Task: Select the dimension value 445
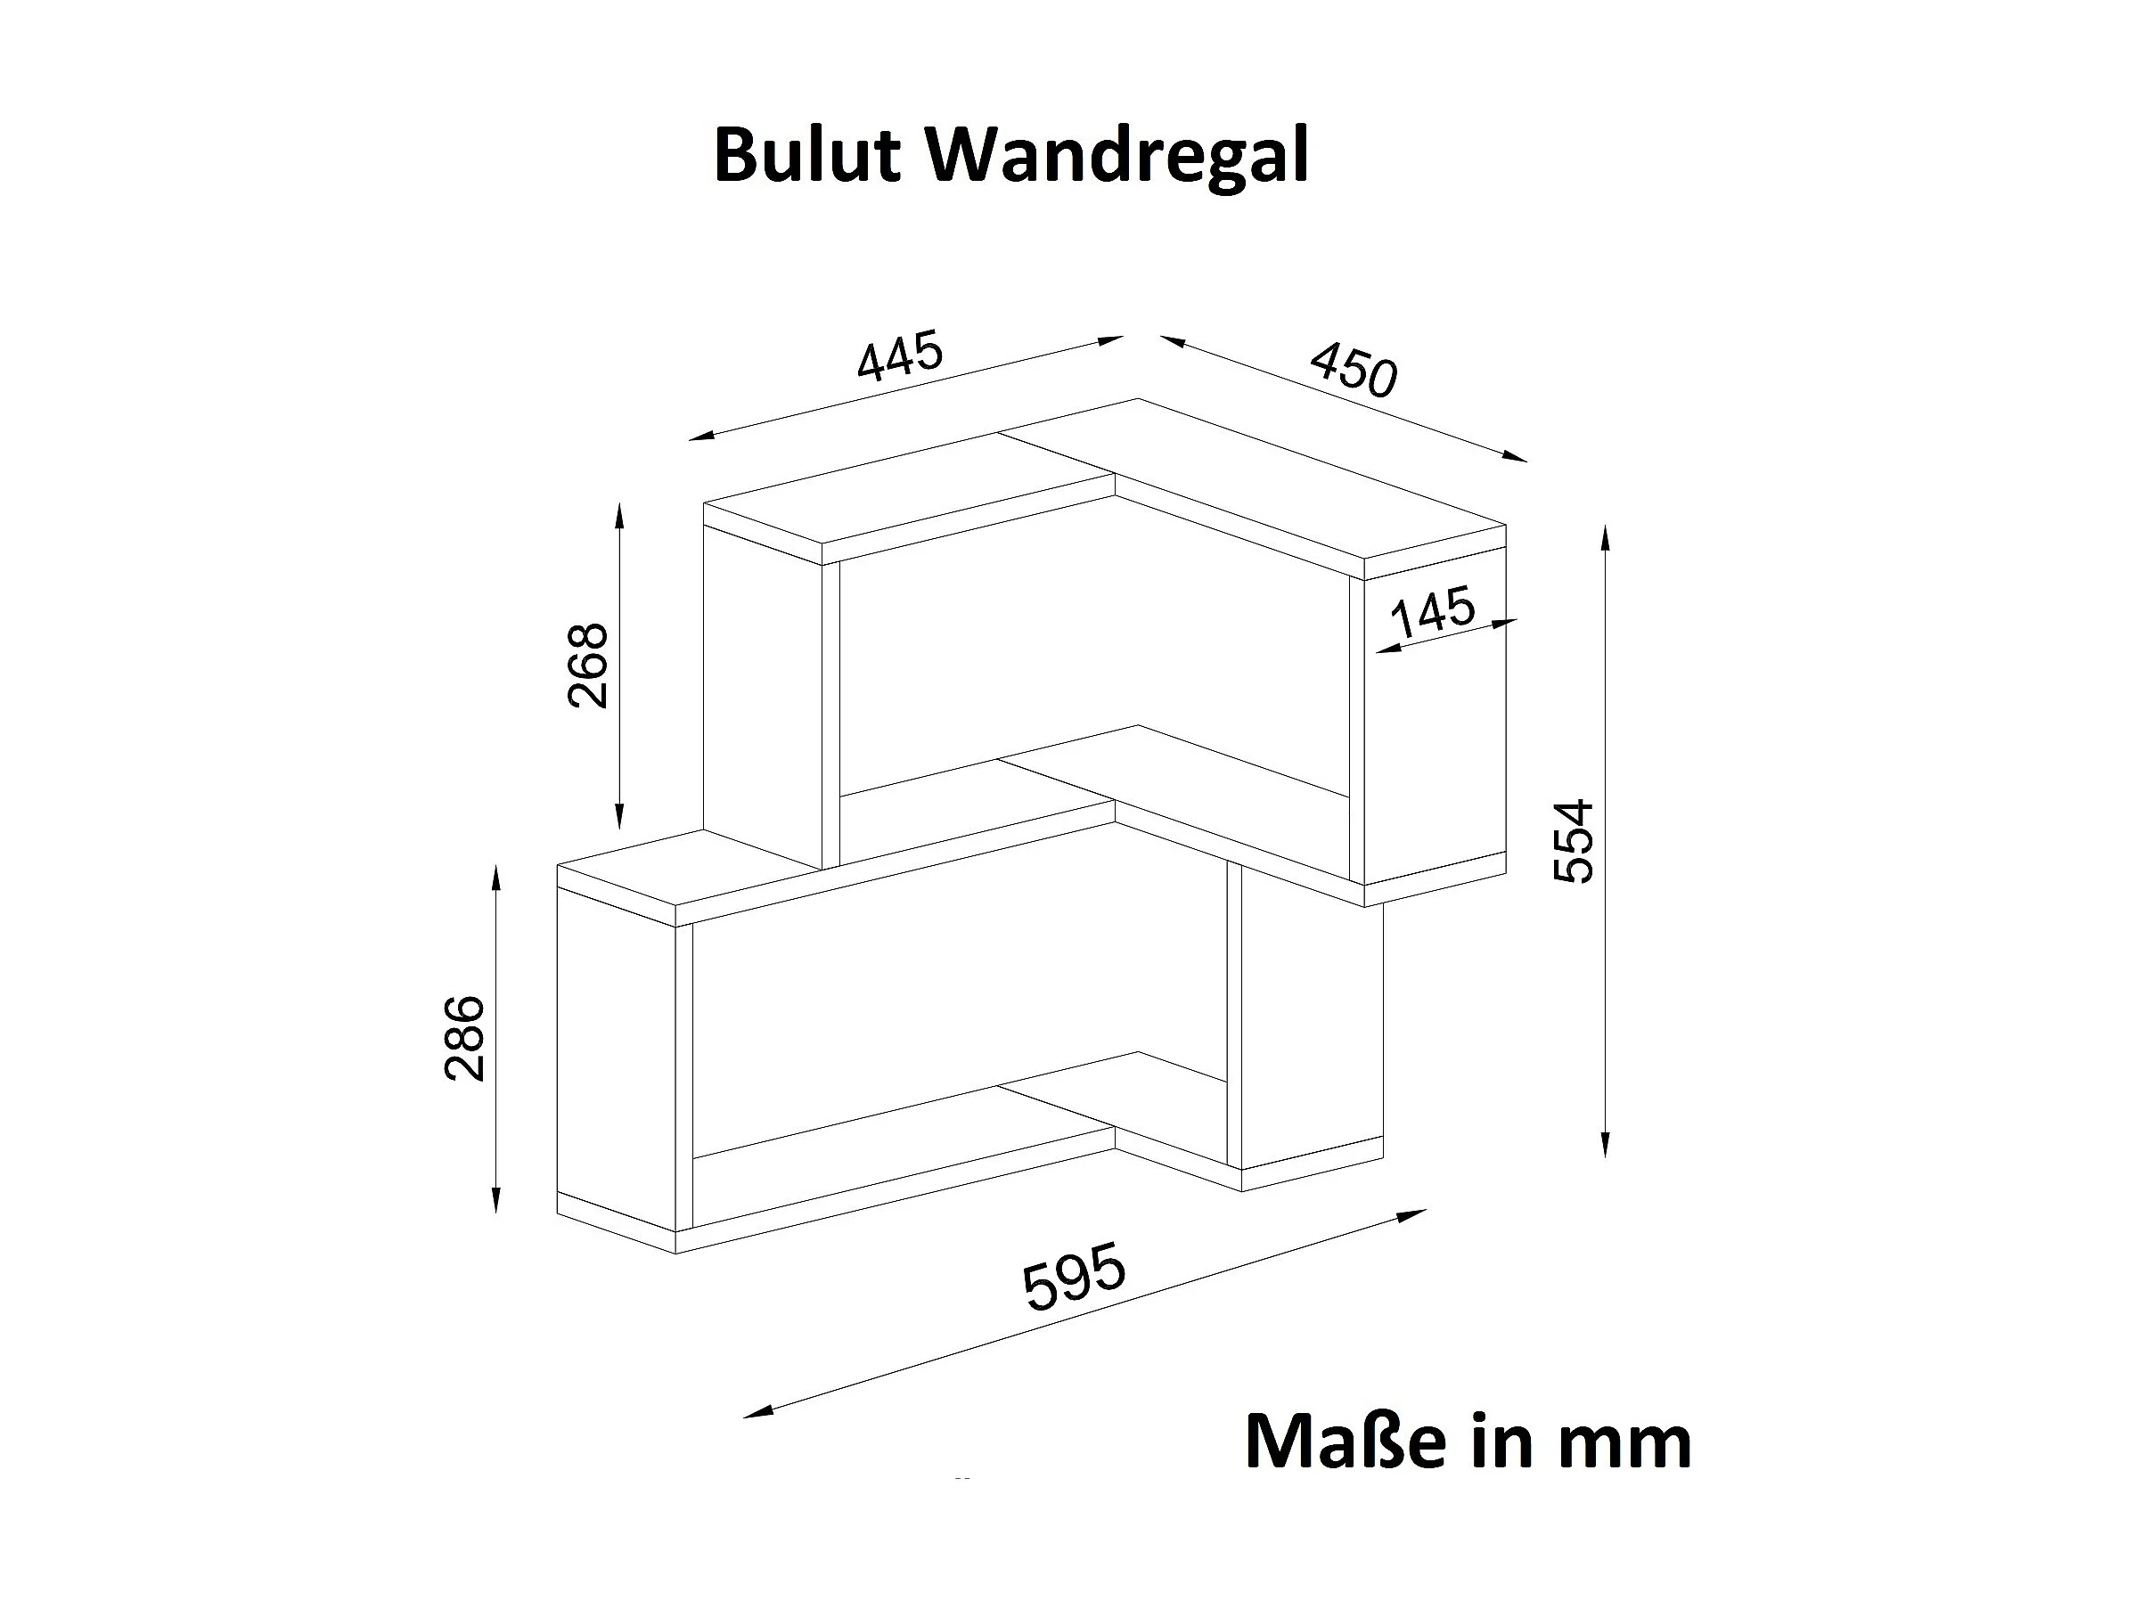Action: (x=900, y=355)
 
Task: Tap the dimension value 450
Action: (x=1354, y=369)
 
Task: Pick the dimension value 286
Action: (x=464, y=1039)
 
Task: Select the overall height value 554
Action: (x=1574, y=840)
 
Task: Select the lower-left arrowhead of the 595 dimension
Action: (x=753, y=1415)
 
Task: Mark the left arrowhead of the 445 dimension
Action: (x=698, y=437)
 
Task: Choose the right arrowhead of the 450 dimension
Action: (x=1518, y=459)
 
